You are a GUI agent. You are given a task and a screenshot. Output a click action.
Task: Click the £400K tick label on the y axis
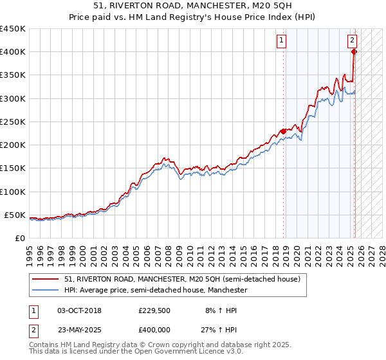13,52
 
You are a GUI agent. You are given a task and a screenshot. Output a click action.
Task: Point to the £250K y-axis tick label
13,122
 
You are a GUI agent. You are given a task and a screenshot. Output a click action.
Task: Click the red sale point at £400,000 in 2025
354,52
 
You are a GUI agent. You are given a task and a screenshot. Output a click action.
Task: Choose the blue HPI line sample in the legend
45,290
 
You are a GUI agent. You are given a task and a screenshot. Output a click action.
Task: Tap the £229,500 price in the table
153,310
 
